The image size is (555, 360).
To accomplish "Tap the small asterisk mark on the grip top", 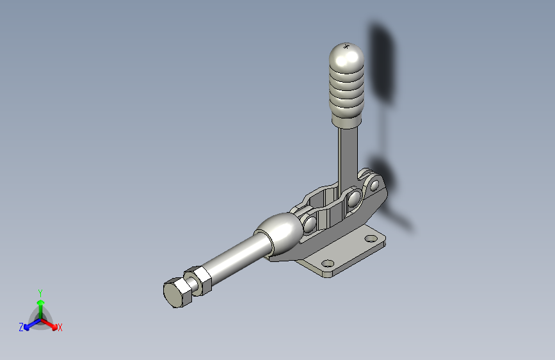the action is tap(346, 46).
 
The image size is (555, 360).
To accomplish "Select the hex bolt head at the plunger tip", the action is tap(177, 293).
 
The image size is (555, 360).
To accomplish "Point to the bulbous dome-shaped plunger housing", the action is tap(280, 233).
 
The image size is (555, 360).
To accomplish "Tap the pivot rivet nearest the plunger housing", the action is tap(310, 224).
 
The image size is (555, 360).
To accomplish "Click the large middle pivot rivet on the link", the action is tap(354, 199).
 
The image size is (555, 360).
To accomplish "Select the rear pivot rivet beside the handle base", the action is tap(374, 185).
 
